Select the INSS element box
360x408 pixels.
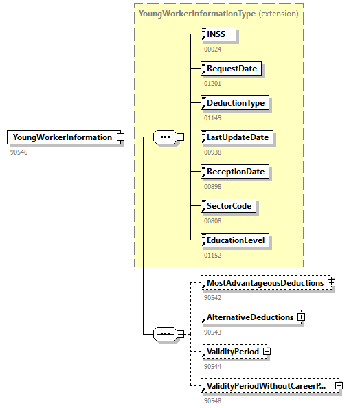tap(218, 34)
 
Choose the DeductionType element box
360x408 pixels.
tap(234, 102)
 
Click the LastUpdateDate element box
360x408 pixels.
tap(236, 137)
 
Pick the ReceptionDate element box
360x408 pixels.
tap(234, 171)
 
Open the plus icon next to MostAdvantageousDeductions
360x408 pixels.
tap(331, 282)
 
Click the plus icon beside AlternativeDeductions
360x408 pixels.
tap(301, 317)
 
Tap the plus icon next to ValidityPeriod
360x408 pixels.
tap(267, 352)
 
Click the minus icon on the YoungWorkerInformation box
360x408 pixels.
tap(120, 137)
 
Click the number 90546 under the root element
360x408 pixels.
tap(19, 151)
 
